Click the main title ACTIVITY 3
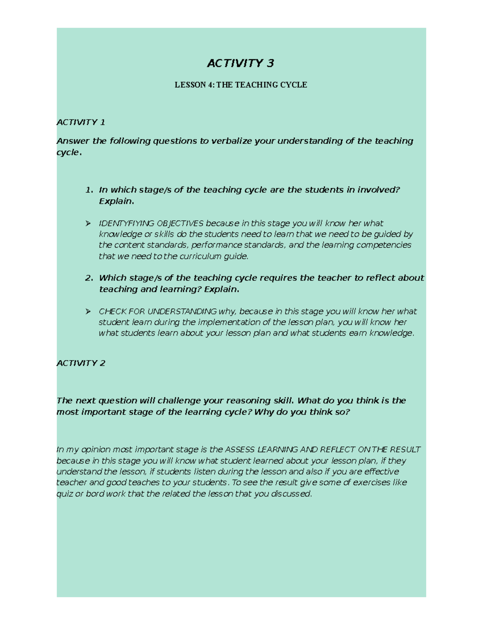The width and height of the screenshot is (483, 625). click(240, 63)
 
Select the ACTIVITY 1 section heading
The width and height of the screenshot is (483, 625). click(81, 122)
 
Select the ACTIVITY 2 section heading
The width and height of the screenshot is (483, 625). click(81, 363)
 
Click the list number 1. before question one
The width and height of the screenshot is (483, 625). click(89, 190)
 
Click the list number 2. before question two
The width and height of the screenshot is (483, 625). click(89, 278)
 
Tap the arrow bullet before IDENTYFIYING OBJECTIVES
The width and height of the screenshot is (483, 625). click(88, 223)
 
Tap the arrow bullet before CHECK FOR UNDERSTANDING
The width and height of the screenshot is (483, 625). click(88, 311)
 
